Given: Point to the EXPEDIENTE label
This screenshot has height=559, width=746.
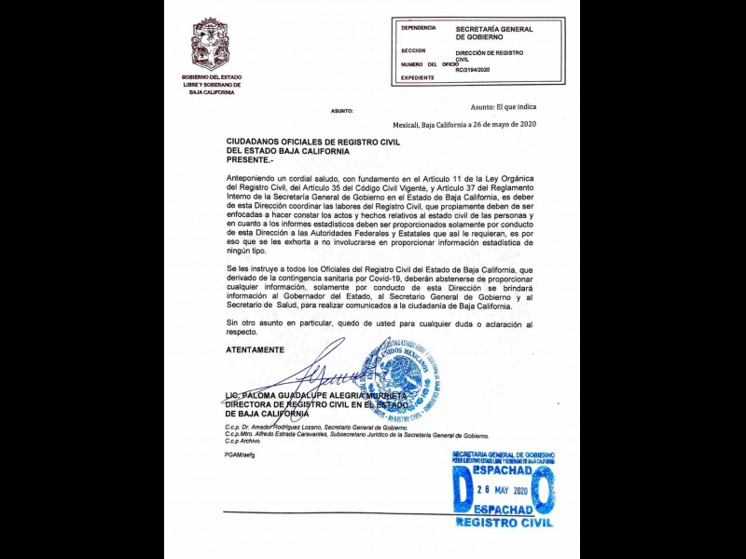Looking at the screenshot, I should pyautogui.click(x=419, y=78).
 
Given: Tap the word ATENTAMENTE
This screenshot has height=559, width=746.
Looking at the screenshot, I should pyautogui.click(x=255, y=349).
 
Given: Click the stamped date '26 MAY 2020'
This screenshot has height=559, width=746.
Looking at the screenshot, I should pyautogui.click(x=504, y=491).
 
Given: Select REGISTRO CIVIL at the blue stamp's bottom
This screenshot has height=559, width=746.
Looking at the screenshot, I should pyautogui.click(x=504, y=523).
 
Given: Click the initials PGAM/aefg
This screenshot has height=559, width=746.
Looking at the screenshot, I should pyautogui.click(x=240, y=454).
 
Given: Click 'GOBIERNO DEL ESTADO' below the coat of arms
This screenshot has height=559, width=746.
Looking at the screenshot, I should pyautogui.click(x=211, y=76).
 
